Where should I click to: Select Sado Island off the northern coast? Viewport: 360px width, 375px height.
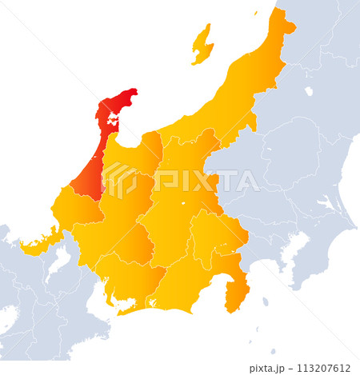click(x=202, y=46)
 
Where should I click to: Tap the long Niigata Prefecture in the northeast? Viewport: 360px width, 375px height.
click(x=240, y=88)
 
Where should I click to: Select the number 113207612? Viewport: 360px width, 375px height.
click(x=323, y=368)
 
